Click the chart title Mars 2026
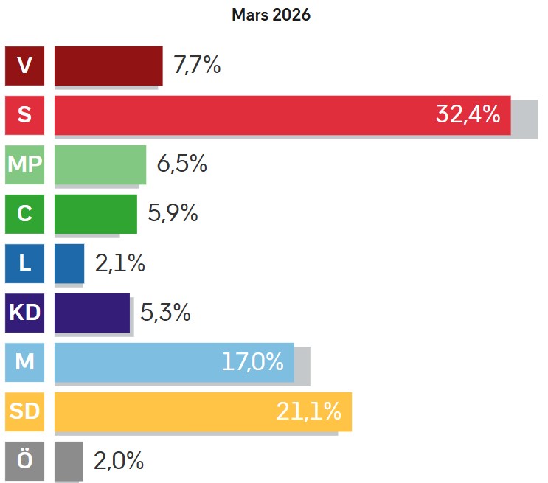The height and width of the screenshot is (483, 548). point(271,15)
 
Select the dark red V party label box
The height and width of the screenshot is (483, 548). point(24,66)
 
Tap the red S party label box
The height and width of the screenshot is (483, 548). point(24,115)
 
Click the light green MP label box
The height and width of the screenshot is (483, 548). point(24,164)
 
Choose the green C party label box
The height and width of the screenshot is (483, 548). point(24,214)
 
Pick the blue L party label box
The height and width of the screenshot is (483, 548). point(24,263)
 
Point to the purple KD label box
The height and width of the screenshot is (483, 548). point(24,313)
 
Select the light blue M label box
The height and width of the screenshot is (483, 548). point(24,362)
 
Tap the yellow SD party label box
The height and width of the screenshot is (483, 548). point(24,411)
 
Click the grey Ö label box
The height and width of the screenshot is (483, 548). point(24,461)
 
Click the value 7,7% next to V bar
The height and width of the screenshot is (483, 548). point(197,66)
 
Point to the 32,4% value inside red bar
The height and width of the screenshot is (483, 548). point(468,115)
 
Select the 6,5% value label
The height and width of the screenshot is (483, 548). point(181,164)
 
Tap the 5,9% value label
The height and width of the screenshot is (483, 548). point(173,214)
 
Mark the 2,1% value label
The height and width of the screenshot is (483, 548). point(120,263)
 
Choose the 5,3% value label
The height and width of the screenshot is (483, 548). point(165,313)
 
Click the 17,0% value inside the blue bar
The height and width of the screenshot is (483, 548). point(252,362)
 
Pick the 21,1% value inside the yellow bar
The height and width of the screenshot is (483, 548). point(308,411)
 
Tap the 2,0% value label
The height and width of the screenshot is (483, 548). point(118,461)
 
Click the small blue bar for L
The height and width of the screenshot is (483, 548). point(69,263)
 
